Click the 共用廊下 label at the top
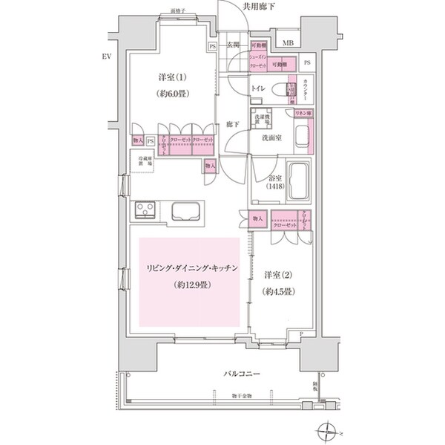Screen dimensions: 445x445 tap(260, 7)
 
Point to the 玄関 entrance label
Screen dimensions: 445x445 tap(233, 45)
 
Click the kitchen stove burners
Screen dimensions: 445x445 tap(144, 209)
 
